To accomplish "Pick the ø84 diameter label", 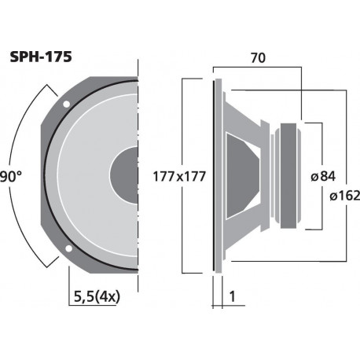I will point(325,176).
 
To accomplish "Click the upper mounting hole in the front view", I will point(68,104).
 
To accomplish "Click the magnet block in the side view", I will point(290,176).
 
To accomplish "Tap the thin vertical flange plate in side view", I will point(215,176).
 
